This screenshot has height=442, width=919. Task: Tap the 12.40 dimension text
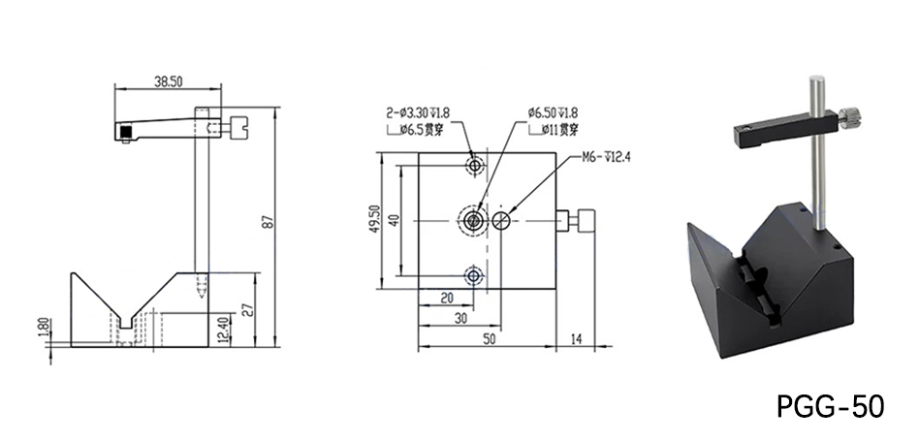[x=224, y=330]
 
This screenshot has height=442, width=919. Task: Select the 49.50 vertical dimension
[x=373, y=221]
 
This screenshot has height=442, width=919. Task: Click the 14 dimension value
[x=579, y=338]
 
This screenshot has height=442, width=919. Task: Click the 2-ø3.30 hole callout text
[x=418, y=112]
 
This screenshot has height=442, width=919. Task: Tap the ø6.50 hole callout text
[x=554, y=112]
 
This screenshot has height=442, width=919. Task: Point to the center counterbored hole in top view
[x=474, y=221]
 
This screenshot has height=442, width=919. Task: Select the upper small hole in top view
[x=474, y=167]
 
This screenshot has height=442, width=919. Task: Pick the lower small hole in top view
[x=474, y=276]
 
